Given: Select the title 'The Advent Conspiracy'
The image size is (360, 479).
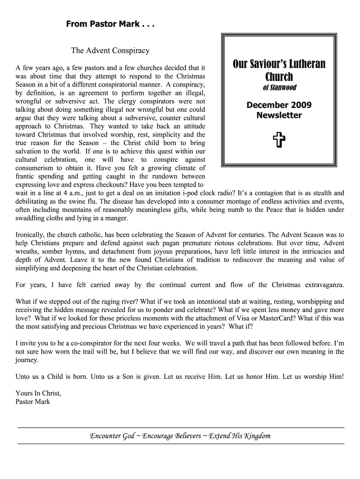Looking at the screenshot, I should [110, 50].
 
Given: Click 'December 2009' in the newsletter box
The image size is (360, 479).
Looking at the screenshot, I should [279, 105].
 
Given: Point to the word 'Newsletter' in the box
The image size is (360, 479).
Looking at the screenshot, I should [279, 115].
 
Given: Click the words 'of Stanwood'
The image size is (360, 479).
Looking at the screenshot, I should [279, 88].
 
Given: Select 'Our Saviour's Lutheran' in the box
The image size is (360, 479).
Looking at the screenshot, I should [279, 64].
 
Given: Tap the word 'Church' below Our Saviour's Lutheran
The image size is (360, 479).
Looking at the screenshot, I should [279, 77].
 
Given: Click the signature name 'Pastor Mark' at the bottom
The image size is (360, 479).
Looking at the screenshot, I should [33, 401].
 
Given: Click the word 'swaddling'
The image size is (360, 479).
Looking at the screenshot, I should [31, 218].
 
